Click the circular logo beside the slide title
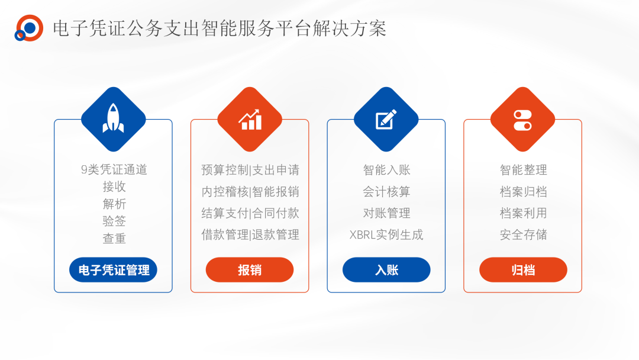pyautogui.click(x=29, y=28)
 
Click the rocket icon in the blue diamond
pyautogui.click(x=113, y=118)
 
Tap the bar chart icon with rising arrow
pyautogui.click(x=250, y=120)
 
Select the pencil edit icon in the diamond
pyautogui.click(x=386, y=119)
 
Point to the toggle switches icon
pyautogui.click(x=522, y=120)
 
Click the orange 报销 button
pyautogui.click(x=250, y=269)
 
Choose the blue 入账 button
pyautogui.click(x=386, y=269)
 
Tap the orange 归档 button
pyautogui.click(x=523, y=269)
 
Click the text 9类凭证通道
pyautogui.click(x=114, y=169)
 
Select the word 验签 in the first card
pyautogui.click(x=114, y=221)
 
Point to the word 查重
pyautogui.click(x=114, y=238)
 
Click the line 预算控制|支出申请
pyautogui.click(x=250, y=169)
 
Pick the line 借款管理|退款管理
pyautogui.click(x=250, y=234)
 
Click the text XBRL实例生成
pyautogui.click(x=386, y=234)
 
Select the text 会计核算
pyautogui.click(x=386, y=191)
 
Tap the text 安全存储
pyautogui.click(x=523, y=234)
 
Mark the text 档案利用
pyautogui.click(x=523, y=213)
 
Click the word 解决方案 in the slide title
pyautogui.click(x=349, y=28)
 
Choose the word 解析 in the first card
pyautogui.click(x=114, y=204)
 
